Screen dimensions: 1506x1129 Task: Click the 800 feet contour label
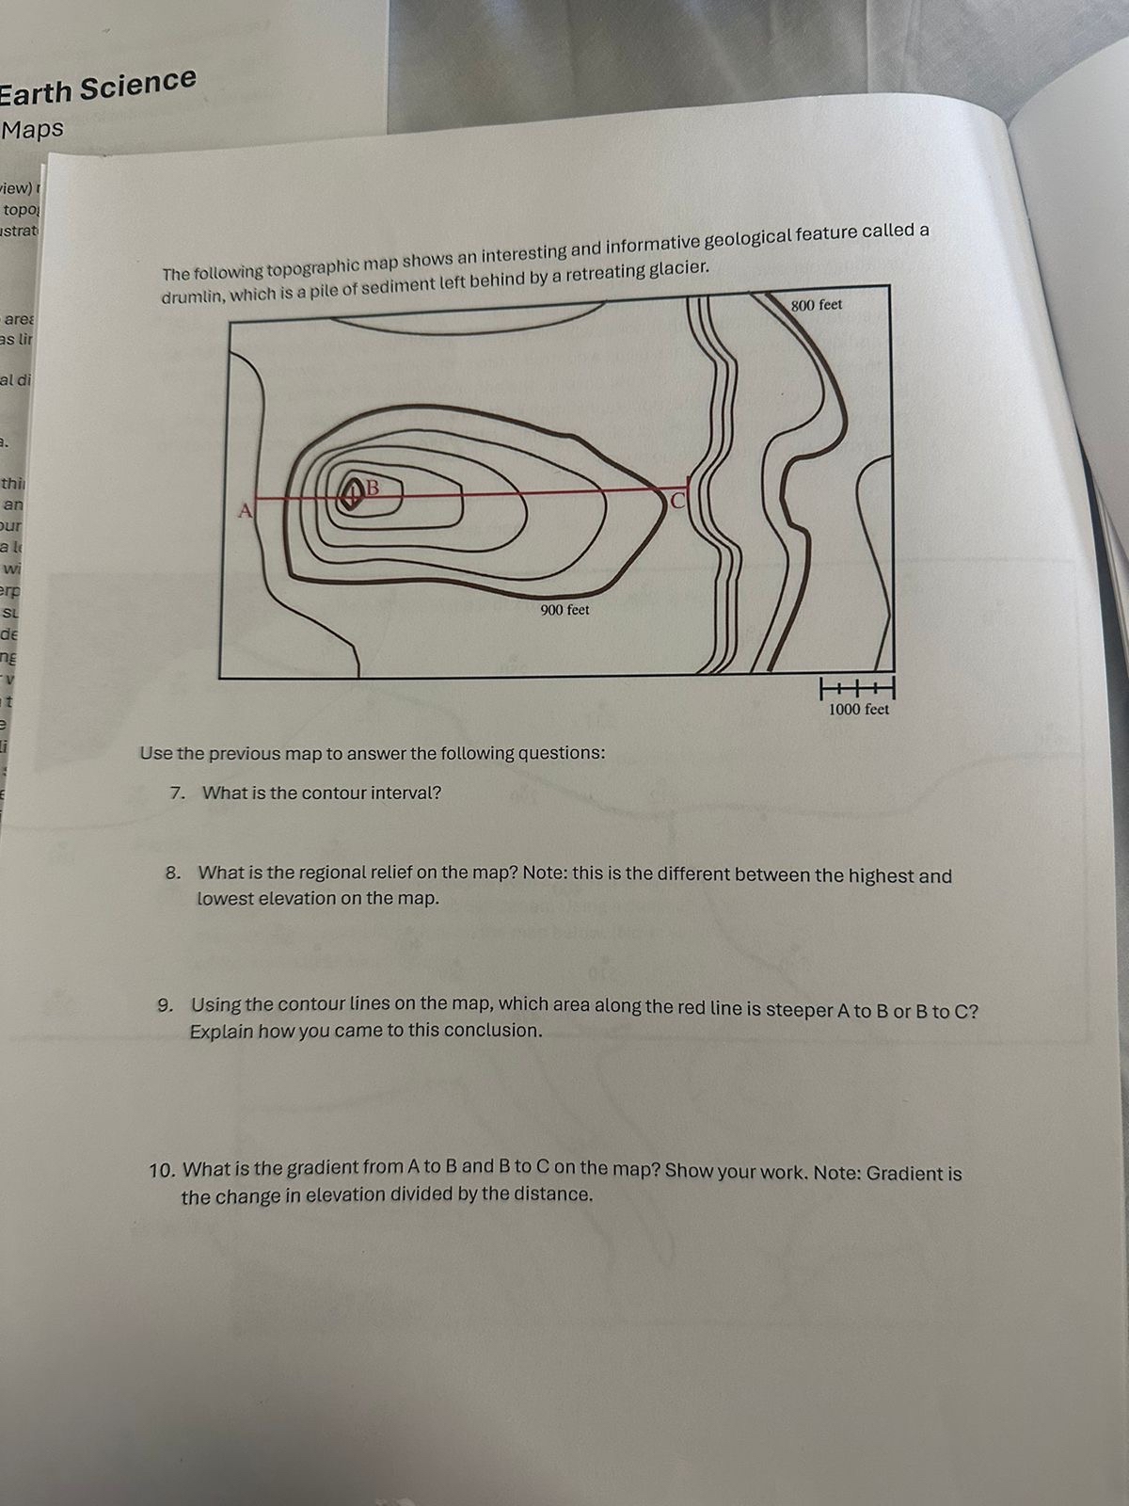tap(816, 305)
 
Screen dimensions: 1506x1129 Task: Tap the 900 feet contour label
tap(564, 610)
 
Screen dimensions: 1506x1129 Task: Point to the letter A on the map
tap(246, 511)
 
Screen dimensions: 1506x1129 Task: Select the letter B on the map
tap(372, 487)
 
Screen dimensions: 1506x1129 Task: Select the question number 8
tap(172, 873)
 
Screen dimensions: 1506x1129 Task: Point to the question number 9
tap(165, 1004)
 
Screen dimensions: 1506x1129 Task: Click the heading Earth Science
tap(98, 87)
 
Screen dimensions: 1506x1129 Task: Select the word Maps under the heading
tap(33, 129)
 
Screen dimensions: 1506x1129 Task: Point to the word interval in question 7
tap(405, 793)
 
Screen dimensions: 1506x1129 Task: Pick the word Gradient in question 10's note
tap(904, 1174)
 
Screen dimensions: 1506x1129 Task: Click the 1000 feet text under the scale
tap(858, 710)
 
